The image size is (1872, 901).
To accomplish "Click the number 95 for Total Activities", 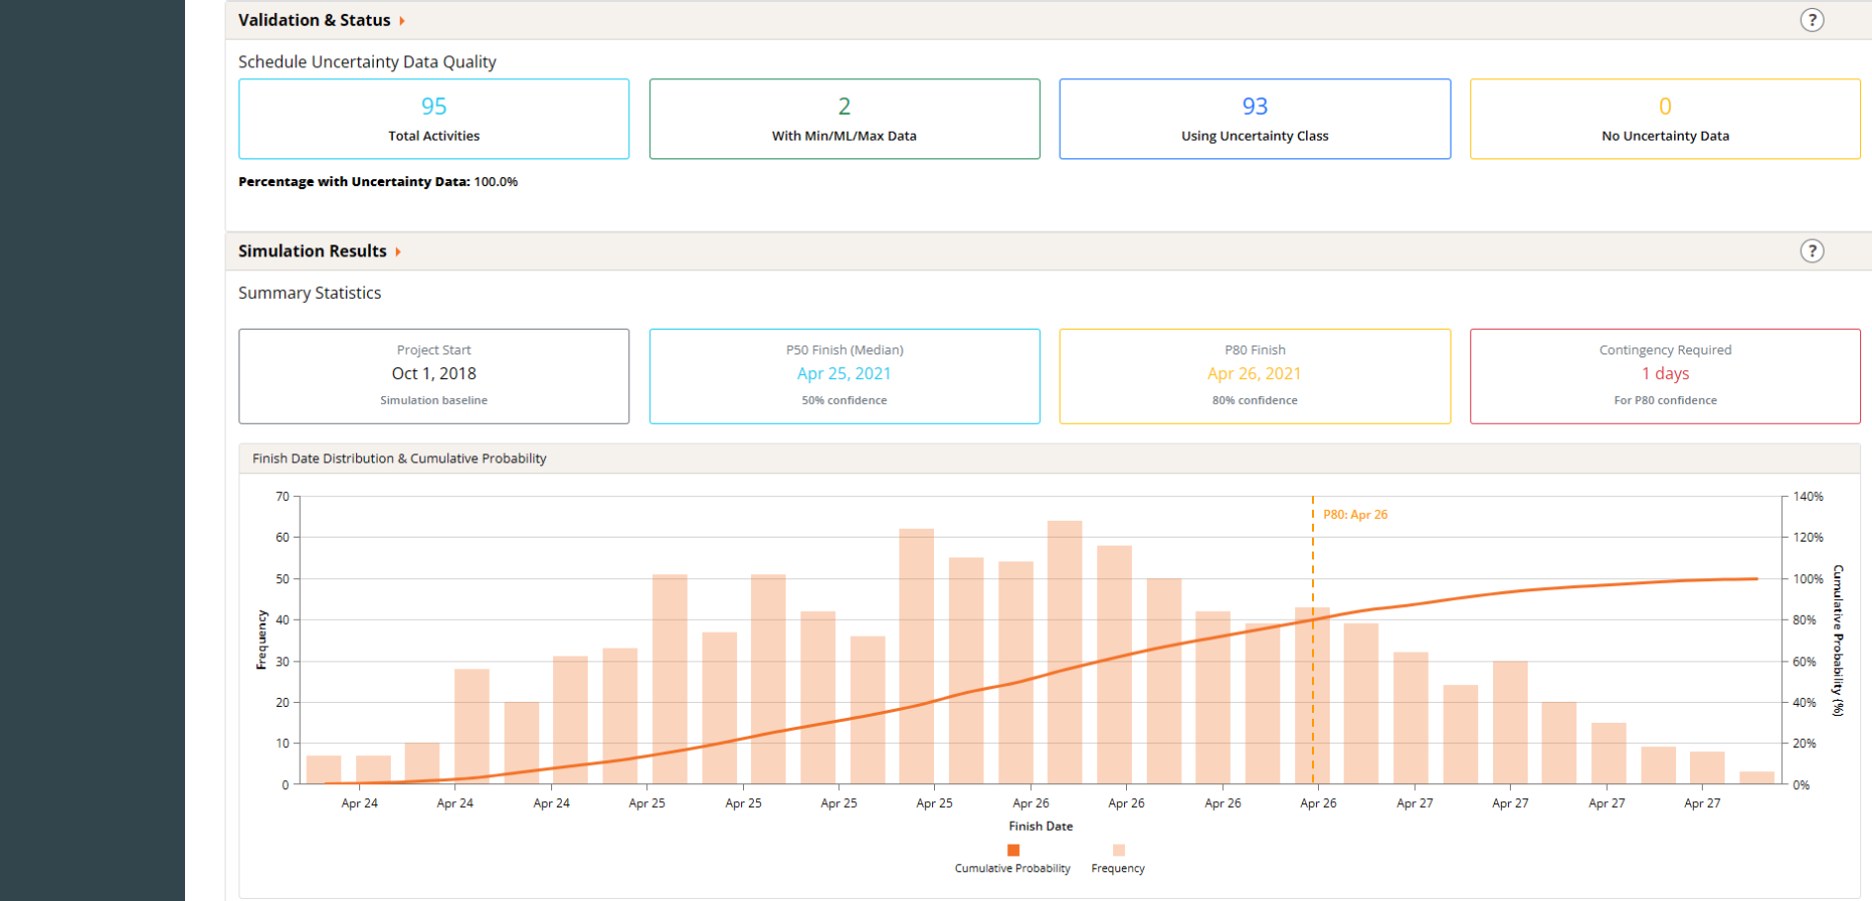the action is pos(433,106).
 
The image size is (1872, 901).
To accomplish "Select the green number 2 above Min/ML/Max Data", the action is pos(844,106).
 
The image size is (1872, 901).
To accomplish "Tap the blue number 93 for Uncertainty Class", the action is pos(1255,106).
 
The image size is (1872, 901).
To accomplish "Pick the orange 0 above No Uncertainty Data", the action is pos(1665,106).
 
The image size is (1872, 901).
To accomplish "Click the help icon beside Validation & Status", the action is pos(1812,20).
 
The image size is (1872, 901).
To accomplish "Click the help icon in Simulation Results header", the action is pos(1812,251).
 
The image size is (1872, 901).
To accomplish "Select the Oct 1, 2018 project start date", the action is pos(433,373).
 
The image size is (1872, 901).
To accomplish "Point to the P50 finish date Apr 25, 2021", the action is pos(844,373).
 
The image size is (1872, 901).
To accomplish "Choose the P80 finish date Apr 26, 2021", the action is pos(1255,373).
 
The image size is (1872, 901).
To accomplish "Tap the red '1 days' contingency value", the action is pos(1665,373).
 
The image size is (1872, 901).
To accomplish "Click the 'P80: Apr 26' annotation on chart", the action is pos(1356,515).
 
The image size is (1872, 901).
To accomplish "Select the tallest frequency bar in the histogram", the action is pos(1065,652).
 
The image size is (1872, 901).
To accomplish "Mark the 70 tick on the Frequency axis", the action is pos(283,496).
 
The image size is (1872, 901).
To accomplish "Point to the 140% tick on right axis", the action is pos(1808,496).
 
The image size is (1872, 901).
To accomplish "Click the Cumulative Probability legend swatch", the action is pos(1013,850).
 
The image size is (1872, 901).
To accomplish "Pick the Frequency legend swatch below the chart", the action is pos(1119,850).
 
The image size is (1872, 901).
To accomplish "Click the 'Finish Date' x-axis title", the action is pos(1041,826).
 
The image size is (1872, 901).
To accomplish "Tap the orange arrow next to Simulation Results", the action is pos(398,251).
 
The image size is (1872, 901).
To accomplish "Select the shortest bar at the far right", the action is pos(1757,778).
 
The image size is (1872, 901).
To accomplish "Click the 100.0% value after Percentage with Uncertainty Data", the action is pos(496,181).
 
